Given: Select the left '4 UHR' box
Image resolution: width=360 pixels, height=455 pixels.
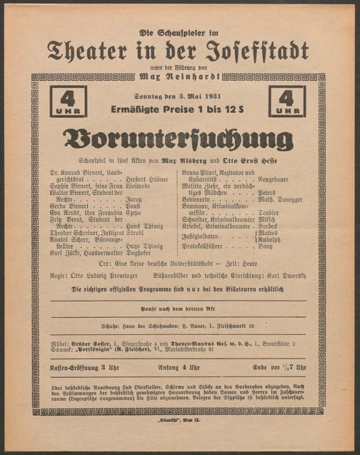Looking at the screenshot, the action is [68, 101].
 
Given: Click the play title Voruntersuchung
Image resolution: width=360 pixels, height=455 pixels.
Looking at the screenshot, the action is [178, 139].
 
